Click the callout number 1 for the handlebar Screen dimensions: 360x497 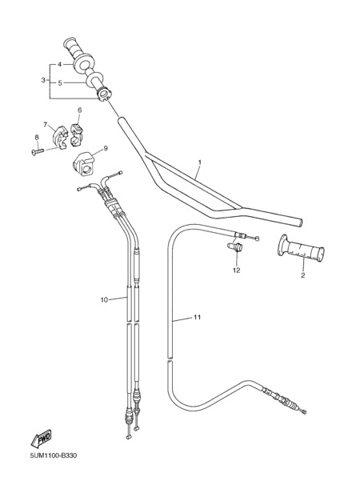click(x=200, y=162)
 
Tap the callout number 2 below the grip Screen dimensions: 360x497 click(x=303, y=275)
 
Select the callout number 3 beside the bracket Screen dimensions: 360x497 click(x=43, y=80)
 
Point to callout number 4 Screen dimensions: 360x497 click(x=59, y=64)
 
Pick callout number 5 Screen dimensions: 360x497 click(x=59, y=83)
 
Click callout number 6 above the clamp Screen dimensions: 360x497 click(x=79, y=110)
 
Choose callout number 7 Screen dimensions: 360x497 click(x=45, y=124)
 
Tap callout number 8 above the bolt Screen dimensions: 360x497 click(x=37, y=137)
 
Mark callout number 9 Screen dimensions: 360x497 click(x=106, y=148)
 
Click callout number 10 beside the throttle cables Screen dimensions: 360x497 click(x=104, y=299)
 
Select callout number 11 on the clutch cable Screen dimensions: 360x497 click(x=197, y=317)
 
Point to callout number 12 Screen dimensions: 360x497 click(x=237, y=270)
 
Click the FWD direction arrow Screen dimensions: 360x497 click(x=41, y=439)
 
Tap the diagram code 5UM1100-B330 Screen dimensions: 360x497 click(x=54, y=456)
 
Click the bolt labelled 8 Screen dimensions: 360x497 click(x=38, y=152)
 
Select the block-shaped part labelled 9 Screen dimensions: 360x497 click(x=83, y=163)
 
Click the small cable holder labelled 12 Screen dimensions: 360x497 click(x=235, y=246)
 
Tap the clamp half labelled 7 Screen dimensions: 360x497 click(x=60, y=137)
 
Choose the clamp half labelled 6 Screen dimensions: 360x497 click(x=76, y=134)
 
